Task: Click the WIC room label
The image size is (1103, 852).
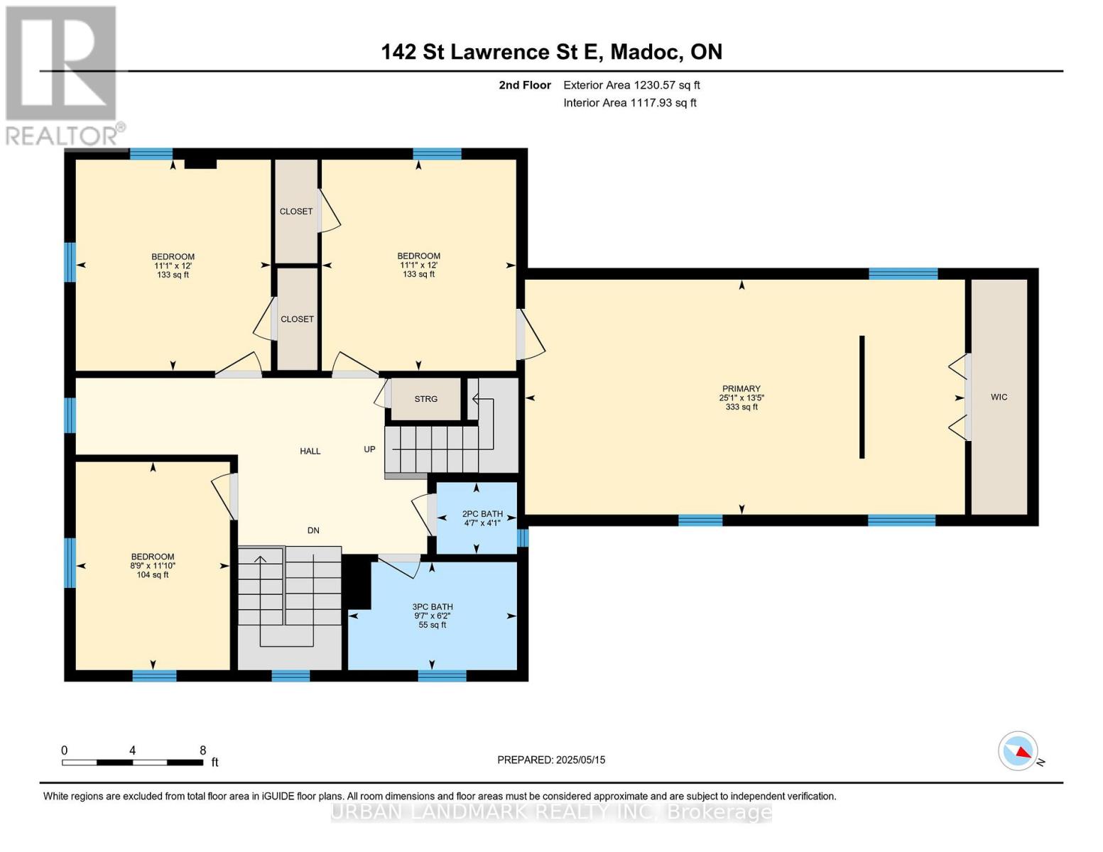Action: click(x=999, y=397)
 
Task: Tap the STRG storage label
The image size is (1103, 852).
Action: click(x=425, y=399)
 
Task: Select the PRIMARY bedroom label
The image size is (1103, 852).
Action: click(x=741, y=388)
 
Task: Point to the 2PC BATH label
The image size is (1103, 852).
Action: click(x=482, y=513)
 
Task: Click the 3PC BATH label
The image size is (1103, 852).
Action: click(x=432, y=606)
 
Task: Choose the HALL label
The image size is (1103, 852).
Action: click(x=310, y=451)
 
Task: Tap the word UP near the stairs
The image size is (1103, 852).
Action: click(x=369, y=449)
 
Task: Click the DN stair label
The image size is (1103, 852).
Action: click(x=313, y=530)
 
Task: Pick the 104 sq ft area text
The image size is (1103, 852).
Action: click(x=152, y=575)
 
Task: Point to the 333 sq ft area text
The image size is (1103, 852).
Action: click(x=741, y=407)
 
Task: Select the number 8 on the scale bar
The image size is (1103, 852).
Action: click(x=203, y=750)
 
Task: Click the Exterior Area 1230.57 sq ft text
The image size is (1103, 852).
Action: click(x=631, y=85)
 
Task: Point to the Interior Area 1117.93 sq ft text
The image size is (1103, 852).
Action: click(x=629, y=103)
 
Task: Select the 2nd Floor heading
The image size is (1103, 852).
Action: click(x=524, y=85)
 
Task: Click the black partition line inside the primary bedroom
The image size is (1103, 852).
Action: click(x=862, y=397)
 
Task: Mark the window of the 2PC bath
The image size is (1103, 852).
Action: click(x=523, y=538)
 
